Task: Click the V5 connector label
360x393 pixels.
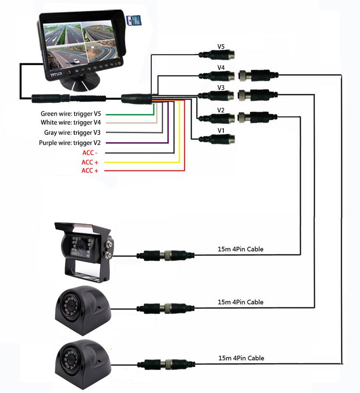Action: click(221, 46)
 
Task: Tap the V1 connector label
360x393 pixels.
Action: click(221, 130)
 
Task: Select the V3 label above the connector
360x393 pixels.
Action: click(221, 88)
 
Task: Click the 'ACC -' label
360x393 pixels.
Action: click(91, 153)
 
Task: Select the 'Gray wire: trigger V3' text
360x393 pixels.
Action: click(72, 133)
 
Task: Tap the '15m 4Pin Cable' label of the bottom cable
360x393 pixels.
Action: click(241, 358)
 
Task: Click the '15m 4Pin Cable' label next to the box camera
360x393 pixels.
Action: click(240, 249)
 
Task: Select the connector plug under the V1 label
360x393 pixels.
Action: click(217, 139)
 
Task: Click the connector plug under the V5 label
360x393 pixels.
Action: click(217, 55)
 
